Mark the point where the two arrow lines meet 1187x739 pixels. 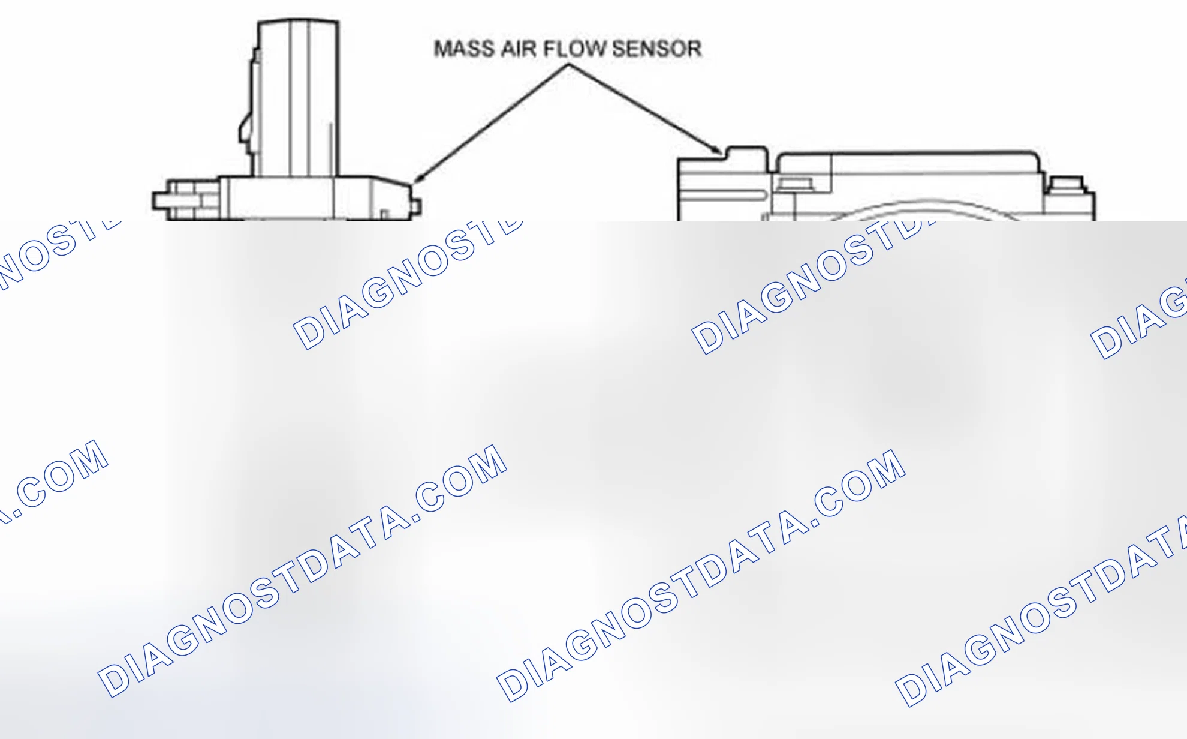coord(567,65)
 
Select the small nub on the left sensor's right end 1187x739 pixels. coord(417,207)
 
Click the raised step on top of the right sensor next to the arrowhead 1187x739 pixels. coord(747,153)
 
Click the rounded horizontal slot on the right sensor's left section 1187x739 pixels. coord(722,195)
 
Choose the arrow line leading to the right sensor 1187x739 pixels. coord(644,109)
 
